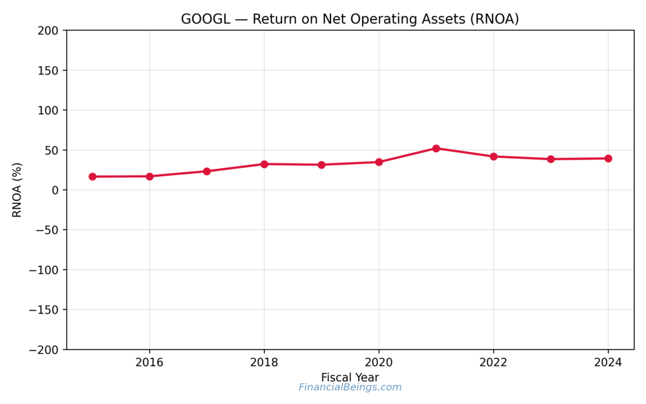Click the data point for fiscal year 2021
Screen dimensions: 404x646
click(x=436, y=148)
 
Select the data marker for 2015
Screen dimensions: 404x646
click(x=92, y=177)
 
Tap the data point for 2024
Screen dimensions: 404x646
click(x=608, y=158)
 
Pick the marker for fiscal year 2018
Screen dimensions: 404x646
click(x=264, y=164)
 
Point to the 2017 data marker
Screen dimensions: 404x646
click(x=207, y=171)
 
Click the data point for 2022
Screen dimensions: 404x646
click(x=493, y=157)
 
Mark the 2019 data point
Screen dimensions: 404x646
click(x=322, y=165)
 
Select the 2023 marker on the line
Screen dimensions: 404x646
click(x=551, y=159)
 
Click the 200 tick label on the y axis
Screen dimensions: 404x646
click(x=48, y=31)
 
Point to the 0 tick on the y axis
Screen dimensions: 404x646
click(x=56, y=190)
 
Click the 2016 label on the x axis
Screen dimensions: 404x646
click(x=150, y=362)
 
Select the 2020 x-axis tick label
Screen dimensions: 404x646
click(x=379, y=362)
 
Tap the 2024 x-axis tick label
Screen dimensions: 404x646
click(x=608, y=362)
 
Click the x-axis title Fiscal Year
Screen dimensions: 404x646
click(x=350, y=377)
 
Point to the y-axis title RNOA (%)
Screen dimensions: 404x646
click(x=17, y=190)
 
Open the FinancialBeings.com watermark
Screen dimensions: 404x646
click(x=350, y=388)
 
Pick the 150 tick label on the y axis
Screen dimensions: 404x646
click(x=48, y=71)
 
